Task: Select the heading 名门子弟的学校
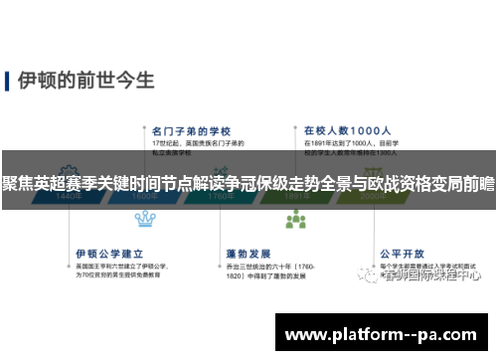point(192,129)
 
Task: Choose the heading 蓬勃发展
point(248,225)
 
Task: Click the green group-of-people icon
point(295,219)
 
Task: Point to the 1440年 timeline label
point(69,197)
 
